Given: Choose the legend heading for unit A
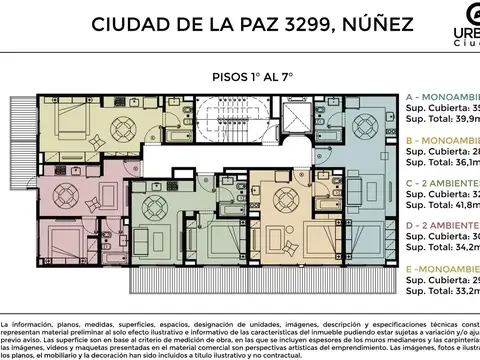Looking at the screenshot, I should (x=440, y=96).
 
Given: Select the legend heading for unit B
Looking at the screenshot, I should (x=440, y=141).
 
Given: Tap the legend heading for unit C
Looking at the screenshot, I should (x=440, y=185).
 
